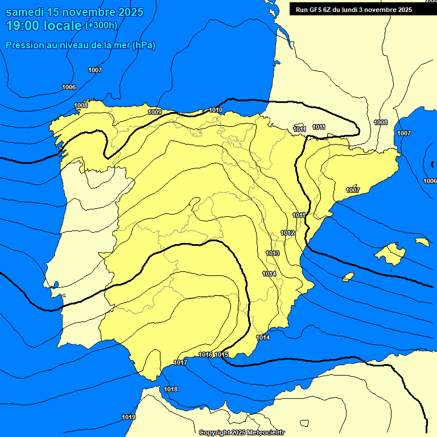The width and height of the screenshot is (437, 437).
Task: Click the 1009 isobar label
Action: click(155, 112)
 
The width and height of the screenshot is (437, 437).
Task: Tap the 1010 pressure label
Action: click(216, 110)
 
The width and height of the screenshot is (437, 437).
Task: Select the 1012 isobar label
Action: click(287, 233)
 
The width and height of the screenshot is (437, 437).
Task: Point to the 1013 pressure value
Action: click(273, 253)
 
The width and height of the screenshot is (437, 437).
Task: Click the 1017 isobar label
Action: click(180, 362)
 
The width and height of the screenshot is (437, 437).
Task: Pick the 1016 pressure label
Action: click(205, 354)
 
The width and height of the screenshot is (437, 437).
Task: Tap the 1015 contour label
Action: click(221, 354)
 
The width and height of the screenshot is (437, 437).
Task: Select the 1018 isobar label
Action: click(171, 389)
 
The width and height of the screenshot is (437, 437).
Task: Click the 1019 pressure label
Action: click(129, 417)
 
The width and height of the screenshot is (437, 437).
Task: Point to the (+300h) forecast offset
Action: click(101, 26)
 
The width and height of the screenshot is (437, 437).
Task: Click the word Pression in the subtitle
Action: click(23, 45)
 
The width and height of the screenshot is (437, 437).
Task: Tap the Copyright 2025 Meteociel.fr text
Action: click(249, 432)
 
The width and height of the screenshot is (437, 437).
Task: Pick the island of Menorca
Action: click(422, 242)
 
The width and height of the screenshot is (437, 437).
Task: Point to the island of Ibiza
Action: click(348, 277)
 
